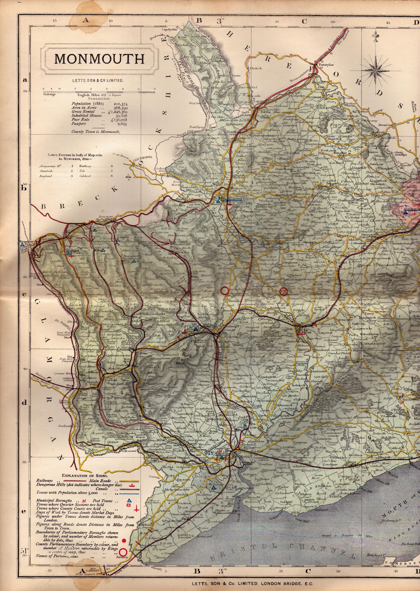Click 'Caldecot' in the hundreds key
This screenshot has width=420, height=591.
coord(85,176)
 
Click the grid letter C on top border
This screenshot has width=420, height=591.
coord(304,22)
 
